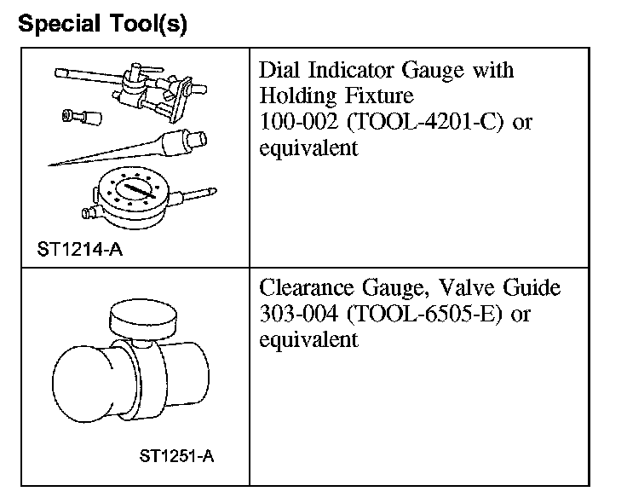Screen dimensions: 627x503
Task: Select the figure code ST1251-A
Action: [176, 455]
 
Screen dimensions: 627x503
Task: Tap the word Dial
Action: [279, 70]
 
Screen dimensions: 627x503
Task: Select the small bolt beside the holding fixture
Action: [75, 116]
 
